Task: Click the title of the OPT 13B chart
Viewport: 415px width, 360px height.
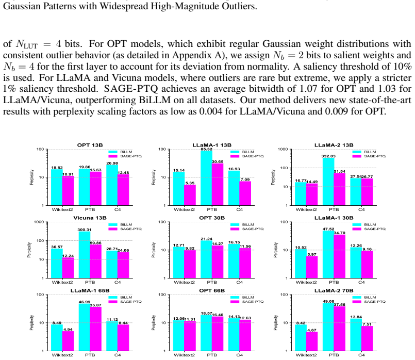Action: tap(90, 145)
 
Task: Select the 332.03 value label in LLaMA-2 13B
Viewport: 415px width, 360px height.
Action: tap(328, 156)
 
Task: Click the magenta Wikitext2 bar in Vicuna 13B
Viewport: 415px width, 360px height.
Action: tap(68, 268)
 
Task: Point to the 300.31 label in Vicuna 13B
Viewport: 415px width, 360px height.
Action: tap(85, 230)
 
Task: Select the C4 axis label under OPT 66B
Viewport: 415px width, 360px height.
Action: tap(240, 355)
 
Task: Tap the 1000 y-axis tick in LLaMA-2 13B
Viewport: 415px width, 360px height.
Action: tap(283, 149)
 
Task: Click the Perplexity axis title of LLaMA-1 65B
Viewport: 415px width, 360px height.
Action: tap(32, 323)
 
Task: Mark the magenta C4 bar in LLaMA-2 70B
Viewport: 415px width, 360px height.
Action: tap(367, 338)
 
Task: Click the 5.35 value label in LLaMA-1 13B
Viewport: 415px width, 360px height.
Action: tap(190, 183)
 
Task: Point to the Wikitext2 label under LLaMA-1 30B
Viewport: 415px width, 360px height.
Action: tap(306, 282)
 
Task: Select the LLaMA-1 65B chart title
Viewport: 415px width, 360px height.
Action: tap(90, 291)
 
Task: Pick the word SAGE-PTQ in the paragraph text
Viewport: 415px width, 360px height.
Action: tap(131, 89)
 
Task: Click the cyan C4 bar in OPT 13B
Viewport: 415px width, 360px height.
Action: tap(112, 185)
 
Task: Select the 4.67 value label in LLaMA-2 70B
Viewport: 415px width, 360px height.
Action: tap(312, 330)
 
